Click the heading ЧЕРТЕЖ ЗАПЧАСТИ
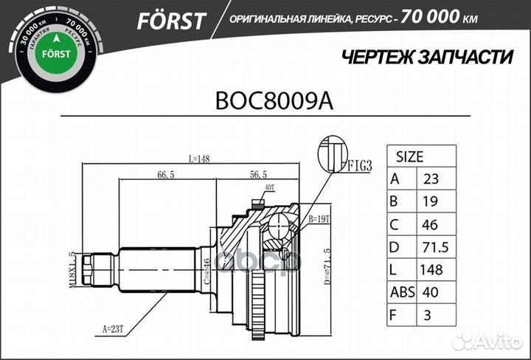click(x=428, y=58)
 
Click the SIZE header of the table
click(x=410, y=156)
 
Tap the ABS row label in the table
click(x=403, y=292)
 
